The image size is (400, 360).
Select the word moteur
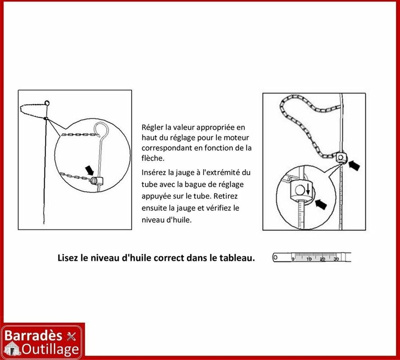pyautogui.click(x=236, y=138)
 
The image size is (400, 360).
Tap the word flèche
pyautogui.click(x=153, y=158)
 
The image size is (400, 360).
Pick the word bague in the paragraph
pyautogui.click(x=195, y=184)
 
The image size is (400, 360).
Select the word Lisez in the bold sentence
pyautogui.click(x=68, y=258)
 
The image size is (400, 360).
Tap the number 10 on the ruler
pyautogui.click(x=309, y=259)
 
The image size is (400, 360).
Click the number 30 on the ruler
pyautogui.click(x=336, y=259)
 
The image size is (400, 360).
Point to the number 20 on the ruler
pyautogui.click(x=323, y=259)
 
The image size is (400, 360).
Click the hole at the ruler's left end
pyautogui.click(x=275, y=257)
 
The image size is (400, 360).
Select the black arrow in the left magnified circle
pyautogui.click(x=89, y=170)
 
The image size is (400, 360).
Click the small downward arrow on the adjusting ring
pyautogui.click(x=308, y=189)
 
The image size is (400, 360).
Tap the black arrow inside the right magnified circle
pyautogui.click(x=321, y=204)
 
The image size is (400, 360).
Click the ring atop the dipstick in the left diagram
pyautogui.click(x=47, y=103)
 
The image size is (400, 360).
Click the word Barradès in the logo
pyautogui.click(x=33, y=336)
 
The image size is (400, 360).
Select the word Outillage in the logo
pyautogui.click(x=50, y=350)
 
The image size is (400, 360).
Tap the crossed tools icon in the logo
pyautogui.click(x=71, y=336)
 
